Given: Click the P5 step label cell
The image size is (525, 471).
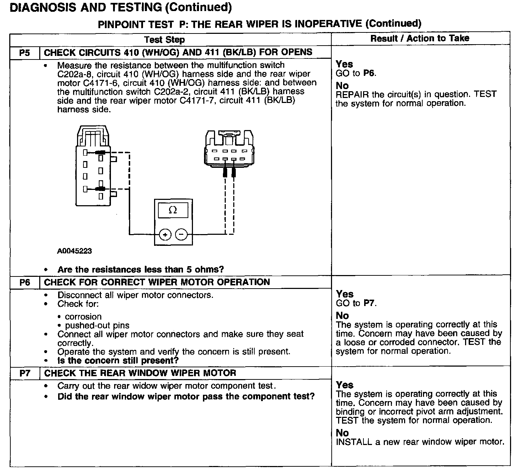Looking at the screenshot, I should coord(25,53).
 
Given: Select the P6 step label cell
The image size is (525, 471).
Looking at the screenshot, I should coord(25,283).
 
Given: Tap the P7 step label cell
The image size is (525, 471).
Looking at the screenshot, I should coord(25,373).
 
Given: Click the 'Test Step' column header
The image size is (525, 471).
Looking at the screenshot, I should coord(164,40).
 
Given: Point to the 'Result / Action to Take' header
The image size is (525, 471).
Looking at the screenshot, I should coord(420,38).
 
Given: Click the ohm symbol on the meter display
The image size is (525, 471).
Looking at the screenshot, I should coord(173,210).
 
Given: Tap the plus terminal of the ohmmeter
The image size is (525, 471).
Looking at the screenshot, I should coord(165,234).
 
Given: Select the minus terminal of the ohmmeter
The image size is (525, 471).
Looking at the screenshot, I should coord(181,234).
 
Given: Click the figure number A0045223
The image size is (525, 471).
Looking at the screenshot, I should coord(74,251).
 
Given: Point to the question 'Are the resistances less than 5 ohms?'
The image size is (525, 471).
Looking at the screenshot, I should coord(141,269).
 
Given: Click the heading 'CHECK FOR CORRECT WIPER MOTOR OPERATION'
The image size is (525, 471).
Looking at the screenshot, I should coord(157,283).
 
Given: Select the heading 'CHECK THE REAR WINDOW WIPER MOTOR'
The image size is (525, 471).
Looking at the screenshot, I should coord(140,373).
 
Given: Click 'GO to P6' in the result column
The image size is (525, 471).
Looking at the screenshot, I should coord(356,73).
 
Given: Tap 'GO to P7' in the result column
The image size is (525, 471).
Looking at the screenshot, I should coord(356,303).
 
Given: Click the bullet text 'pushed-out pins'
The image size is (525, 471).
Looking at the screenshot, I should coord(97,325).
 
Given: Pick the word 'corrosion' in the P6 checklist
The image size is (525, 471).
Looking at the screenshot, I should coord(83,316).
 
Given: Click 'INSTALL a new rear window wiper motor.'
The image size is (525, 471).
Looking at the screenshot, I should coord(420,442).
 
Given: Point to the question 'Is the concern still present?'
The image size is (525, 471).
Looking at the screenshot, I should coord(118,361).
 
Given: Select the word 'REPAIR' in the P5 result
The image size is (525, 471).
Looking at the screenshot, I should coord(352,94).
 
